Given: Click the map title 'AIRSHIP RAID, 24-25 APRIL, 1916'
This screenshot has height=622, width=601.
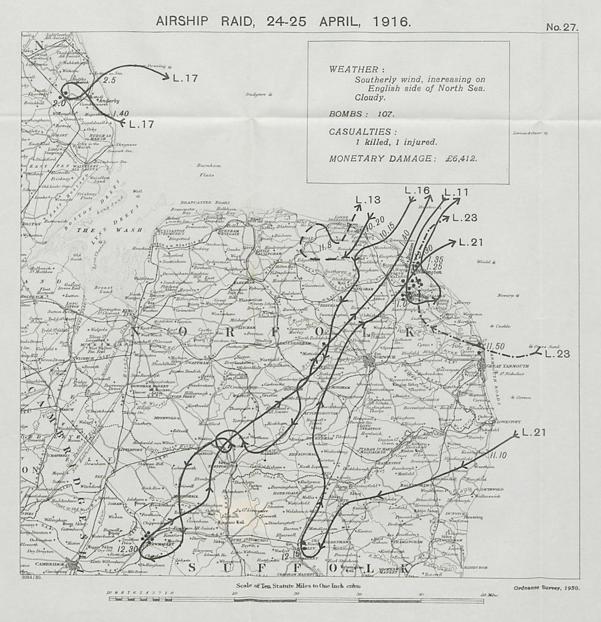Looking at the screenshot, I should (x=284, y=20).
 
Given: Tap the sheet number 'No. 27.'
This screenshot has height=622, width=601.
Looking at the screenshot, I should (x=561, y=27).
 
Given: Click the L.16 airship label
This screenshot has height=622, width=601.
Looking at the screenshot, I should (x=417, y=191).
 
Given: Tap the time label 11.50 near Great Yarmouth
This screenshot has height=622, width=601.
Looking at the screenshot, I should (x=496, y=346).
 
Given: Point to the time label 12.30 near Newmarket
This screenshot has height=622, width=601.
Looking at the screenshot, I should (x=128, y=549).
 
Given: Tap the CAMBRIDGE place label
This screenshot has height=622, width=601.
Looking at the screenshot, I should (x=50, y=564).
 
